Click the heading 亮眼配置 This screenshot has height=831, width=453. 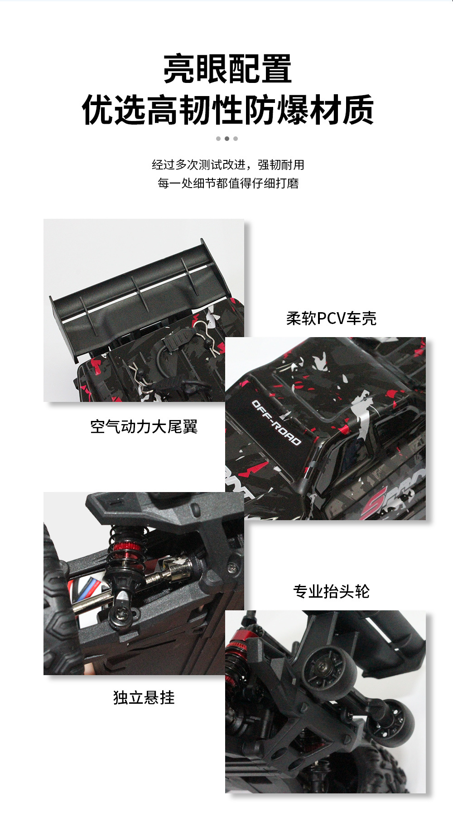pyautogui.click(x=227, y=69)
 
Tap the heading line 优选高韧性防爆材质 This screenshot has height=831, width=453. pyautogui.click(x=227, y=110)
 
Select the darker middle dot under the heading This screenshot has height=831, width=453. pyautogui.click(x=227, y=139)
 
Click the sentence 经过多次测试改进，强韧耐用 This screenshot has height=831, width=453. pyautogui.click(x=228, y=164)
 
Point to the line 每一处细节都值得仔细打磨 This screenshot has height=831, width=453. pyautogui.click(x=228, y=183)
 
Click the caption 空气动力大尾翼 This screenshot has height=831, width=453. pyautogui.click(x=144, y=426)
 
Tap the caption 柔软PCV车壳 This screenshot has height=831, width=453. pyautogui.click(x=331, y=318)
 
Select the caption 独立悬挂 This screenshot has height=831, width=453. pyautogui.click(x=144, y=697)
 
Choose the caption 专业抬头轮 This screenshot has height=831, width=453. pyautogui.click(x=331, y=591)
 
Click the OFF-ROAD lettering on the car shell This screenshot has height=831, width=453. pyautogui.click(x=276, y=422)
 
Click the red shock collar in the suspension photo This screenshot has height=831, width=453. pyautogui.click(x=128, y=547)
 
